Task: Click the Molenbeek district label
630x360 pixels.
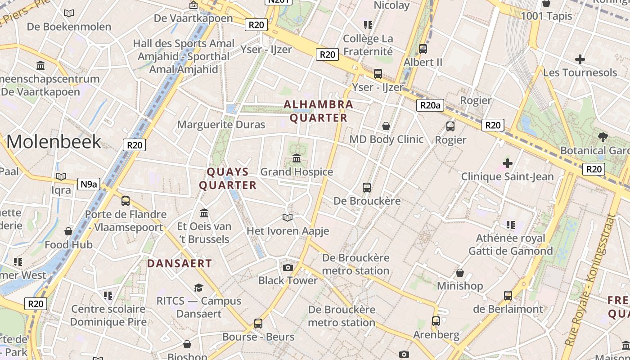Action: pos(54,142)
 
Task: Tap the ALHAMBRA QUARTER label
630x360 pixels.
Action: pos(319,111)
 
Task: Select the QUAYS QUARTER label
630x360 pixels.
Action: pos(228,178)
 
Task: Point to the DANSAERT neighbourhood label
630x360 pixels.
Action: pos(180,263)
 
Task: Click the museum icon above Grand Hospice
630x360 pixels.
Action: pos(297,158)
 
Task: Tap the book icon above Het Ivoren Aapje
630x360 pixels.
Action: pos(288,218)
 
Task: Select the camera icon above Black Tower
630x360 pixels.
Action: pos(288,267)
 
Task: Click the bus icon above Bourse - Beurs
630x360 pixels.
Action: pos(258,323)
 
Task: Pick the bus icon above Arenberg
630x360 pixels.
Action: pos(436,321)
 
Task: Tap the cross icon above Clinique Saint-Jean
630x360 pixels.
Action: pos(508,163)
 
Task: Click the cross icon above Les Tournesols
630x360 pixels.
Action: pos(580,59)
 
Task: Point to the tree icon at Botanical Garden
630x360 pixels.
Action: pos(603,137)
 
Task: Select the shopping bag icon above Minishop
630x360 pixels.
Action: pos(460,273)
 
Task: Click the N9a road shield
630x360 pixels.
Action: pos(89,184)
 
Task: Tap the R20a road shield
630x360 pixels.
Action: pos(430,105)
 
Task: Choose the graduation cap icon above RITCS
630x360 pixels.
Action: pos(198,288)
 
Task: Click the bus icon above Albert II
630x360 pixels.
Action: pos(423,49)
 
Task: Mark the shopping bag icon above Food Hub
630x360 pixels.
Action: pos(68,231)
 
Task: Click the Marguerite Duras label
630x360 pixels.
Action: pos(221,125)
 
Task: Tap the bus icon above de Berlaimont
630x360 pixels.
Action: pos(508,296)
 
